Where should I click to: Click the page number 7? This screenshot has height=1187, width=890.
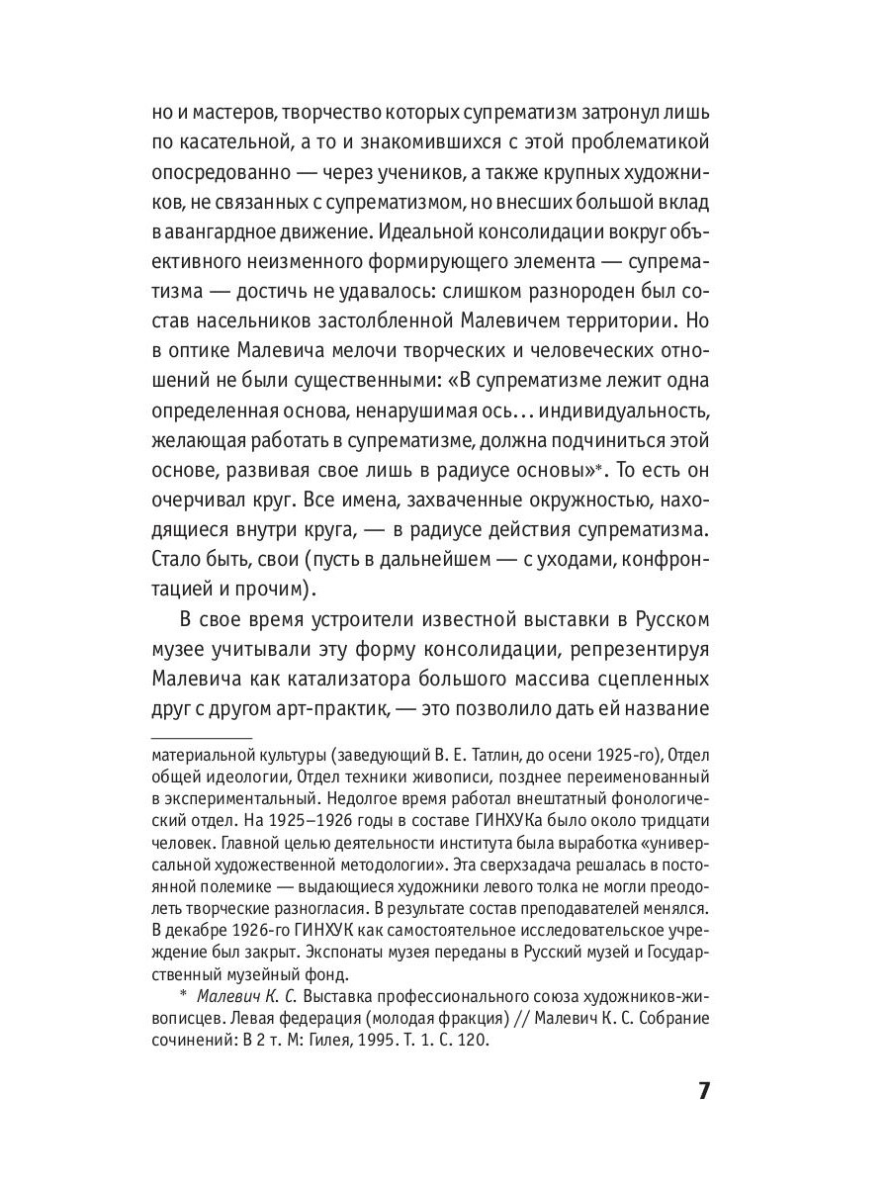703,1091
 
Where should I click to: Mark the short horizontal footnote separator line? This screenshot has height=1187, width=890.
202,739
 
